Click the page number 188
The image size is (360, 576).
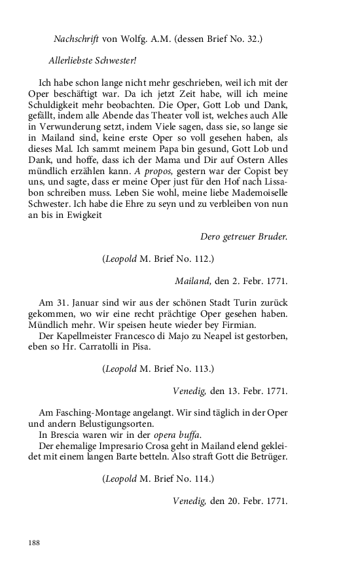[x=34, y=543]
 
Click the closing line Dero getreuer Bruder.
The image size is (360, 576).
[x=243, y=236]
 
